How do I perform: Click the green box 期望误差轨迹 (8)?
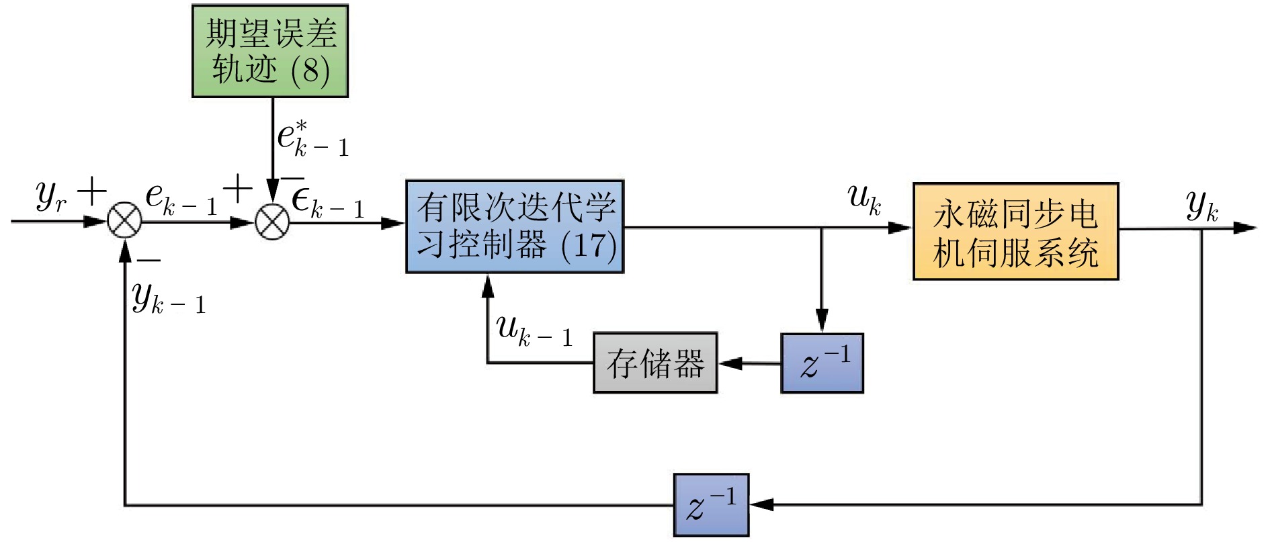coord(270,51)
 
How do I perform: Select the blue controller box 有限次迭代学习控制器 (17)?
coord(515,226)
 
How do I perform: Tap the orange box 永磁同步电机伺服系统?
coord(1015,231)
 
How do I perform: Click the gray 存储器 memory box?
coord(655,363)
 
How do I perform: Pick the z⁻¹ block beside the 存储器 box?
coord(822,363)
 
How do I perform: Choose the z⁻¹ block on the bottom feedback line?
coord(711,505)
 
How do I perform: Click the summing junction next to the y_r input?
coord(125,222)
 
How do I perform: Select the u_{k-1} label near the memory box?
coord(534,331)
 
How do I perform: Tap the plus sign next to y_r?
coord(91,192)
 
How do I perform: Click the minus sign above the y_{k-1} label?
coord(149,260)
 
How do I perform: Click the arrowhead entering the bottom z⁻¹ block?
coord(761,504)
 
